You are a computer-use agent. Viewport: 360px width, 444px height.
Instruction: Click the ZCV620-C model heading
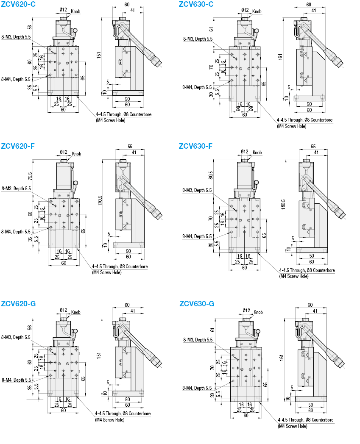(x=18, y=4)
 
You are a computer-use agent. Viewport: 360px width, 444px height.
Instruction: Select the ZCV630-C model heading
(x=196, y=4)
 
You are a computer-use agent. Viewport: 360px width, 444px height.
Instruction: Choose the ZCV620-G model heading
(x=18, y=303)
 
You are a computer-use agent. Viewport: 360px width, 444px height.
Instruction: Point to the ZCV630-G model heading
(x=196, y=303)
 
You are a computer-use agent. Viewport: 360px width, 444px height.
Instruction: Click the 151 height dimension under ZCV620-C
(x=99, y=55)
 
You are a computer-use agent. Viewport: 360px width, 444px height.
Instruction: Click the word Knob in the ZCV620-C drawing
(x=76, y=11)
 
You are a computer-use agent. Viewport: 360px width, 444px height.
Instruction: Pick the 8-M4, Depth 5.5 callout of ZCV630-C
(x=197, y=87)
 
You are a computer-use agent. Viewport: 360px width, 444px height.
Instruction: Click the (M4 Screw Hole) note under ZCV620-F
(x=106, y=272)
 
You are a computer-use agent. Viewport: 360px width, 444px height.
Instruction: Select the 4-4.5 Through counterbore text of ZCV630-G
(x=305, y=420)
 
